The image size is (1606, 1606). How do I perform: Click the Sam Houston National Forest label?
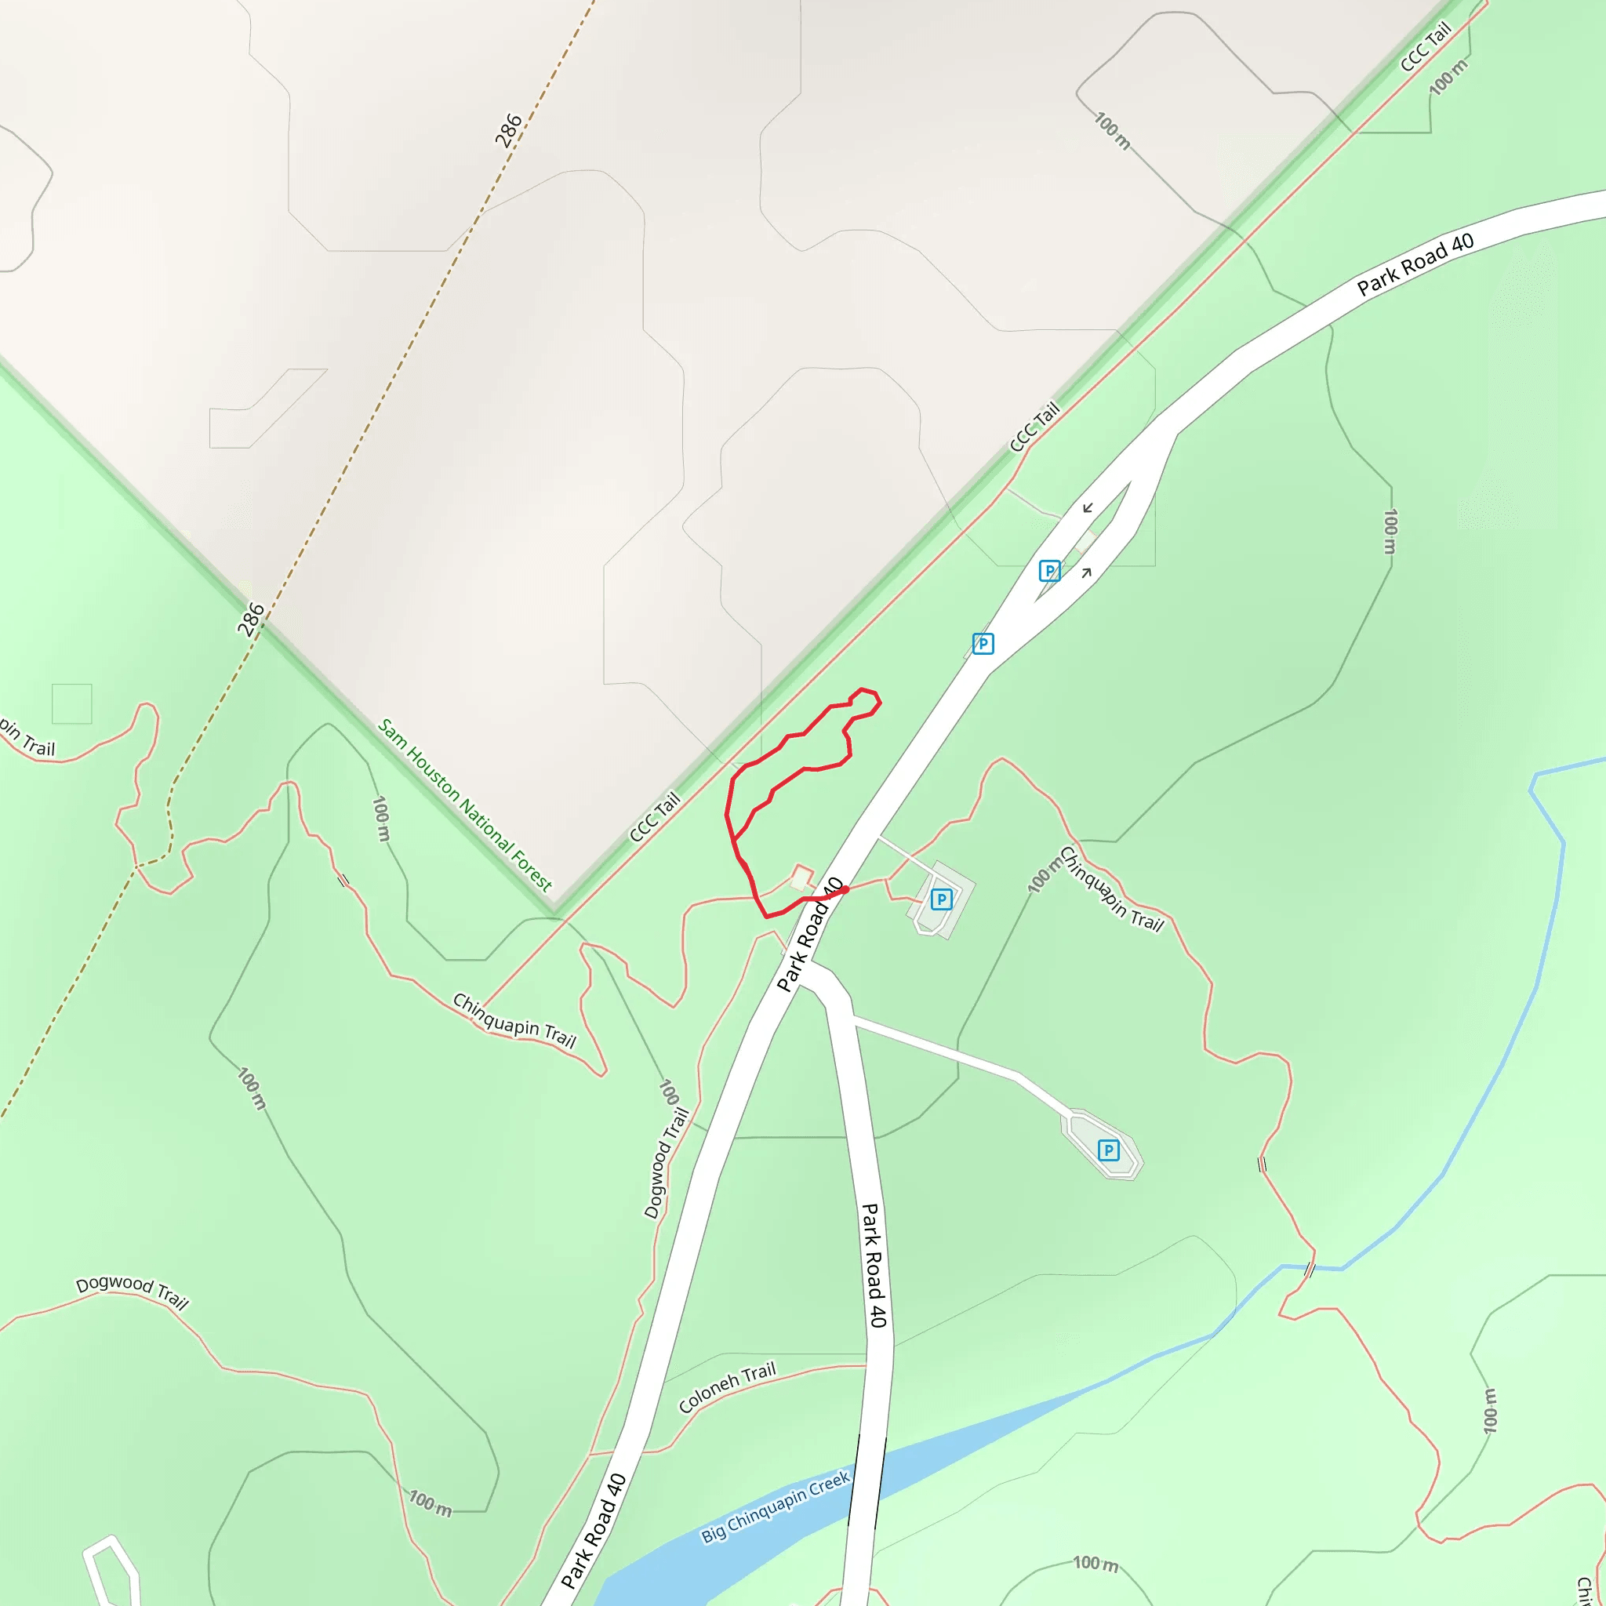(x=465, y=805)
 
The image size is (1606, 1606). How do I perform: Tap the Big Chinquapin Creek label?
(x=775, y=1507)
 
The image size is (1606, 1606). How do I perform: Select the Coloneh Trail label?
(x=726, y=1387)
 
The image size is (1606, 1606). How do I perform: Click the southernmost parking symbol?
(x=1108, y=1150)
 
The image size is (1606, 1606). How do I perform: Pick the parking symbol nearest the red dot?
(x=941, y=899)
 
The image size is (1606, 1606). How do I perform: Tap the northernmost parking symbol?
(x=1050, y=571)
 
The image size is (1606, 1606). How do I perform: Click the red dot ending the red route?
(x=845, y=889)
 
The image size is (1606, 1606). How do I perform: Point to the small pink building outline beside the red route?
(x=801, y=877)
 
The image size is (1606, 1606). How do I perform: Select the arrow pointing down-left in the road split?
(x=1088, y=508)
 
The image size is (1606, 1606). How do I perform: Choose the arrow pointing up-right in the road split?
(x=1086, y=572)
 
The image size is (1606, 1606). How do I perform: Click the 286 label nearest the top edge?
(x=508, y=130)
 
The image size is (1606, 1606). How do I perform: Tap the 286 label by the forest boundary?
(x=250, y=620)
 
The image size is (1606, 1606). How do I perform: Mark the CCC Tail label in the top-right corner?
(x=1426, y=46)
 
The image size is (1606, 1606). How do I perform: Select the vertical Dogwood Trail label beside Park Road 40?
(x=667, y=1164)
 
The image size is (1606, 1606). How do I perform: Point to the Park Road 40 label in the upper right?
(x=1415, y=264)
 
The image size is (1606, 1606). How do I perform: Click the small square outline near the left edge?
(x=71, y=704)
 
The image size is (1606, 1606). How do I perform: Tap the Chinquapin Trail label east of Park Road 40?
(x=1110, y=889)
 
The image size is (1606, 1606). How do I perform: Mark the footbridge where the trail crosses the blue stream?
(x=1310, y=1270)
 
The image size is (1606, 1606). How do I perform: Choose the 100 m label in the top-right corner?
(x=1449, y=77)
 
